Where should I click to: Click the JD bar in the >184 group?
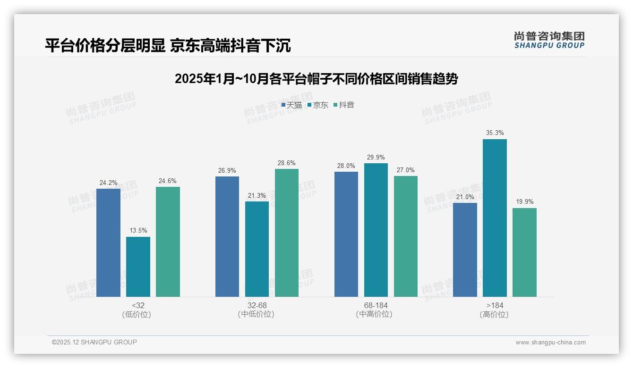click(495, 218)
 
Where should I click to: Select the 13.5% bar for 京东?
click(138, 267)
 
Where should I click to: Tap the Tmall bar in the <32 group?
click(108, 243)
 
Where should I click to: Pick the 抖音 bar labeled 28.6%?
click(287, 233)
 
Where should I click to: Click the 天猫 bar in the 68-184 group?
click(346, 234)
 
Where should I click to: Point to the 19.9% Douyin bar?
click(524, 252)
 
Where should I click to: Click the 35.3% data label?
click(495, 133)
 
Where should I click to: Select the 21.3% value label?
click(257, 195)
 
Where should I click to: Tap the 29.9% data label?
click(376, 157)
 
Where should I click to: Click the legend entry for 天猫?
click(291, 105)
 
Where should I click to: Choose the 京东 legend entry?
click(318, 105)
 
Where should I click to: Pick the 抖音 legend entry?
click(344, 105)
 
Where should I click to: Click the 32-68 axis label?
click(257, 305)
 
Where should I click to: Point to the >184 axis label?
click(495, 305)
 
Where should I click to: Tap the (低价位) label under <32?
click(137, 314)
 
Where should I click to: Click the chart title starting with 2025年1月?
click(316, 79)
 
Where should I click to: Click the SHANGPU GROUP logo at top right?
click(549, 40)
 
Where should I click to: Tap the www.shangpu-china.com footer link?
click(550, 343)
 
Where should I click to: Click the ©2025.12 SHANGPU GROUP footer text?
click(94, 342)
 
